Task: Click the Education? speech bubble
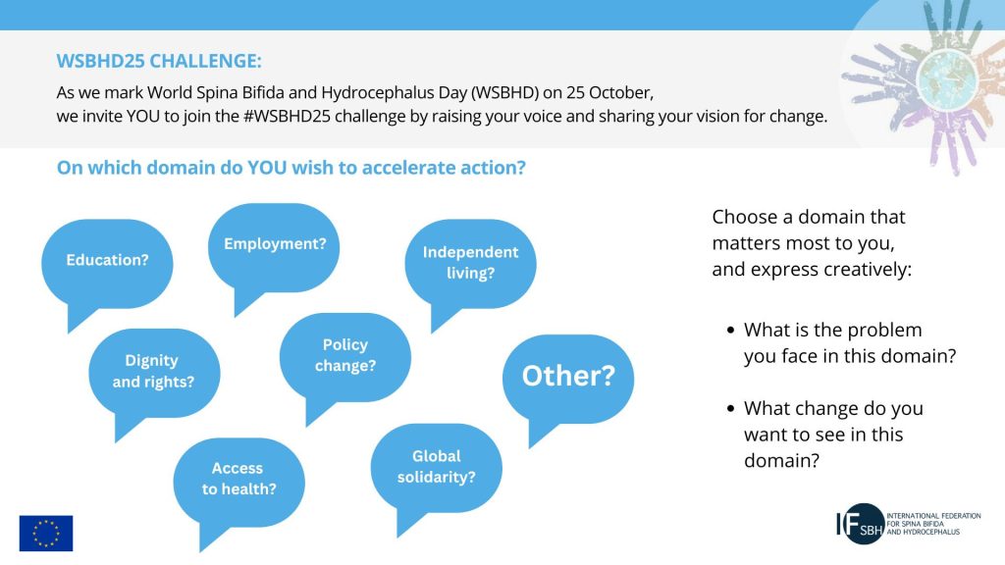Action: pos(107,264)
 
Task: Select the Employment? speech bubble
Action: pos(274,248)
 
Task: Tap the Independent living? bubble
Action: pos(470,264)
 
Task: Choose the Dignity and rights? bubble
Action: pos(154,374)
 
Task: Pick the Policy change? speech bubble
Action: pos(344,357)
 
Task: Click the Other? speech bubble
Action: pos(568,380)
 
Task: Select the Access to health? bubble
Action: pos(238,483)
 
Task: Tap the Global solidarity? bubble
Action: pos(436,468)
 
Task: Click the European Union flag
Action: pos(46,533)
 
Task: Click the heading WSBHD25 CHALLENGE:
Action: pos(159,61)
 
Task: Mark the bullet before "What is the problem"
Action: pos(730,331)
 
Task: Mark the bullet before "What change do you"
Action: pos(730,409)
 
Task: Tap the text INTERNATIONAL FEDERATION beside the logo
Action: pos(933,516)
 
